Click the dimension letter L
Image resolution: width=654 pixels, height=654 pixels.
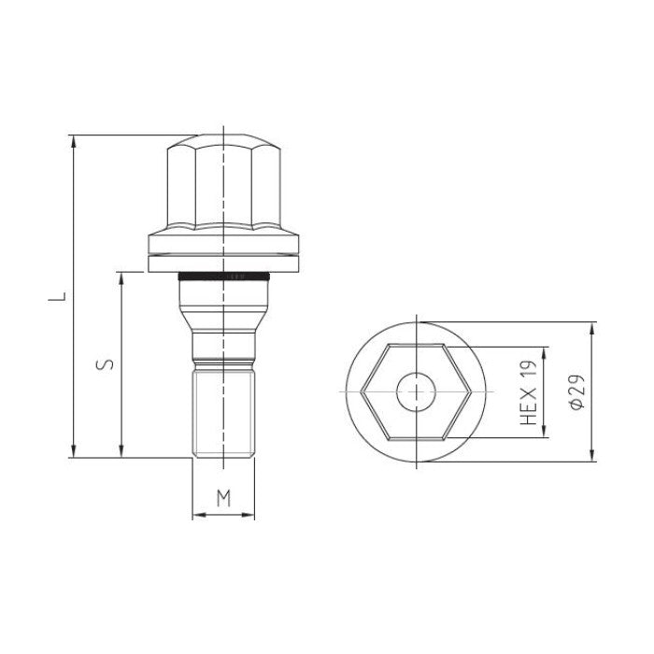58,297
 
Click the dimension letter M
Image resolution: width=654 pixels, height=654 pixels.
223,497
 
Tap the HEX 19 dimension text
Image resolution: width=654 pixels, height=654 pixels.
530,392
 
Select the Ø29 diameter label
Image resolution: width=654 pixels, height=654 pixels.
576,392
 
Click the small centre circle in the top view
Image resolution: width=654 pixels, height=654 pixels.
416,391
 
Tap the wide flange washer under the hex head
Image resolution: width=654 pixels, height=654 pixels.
223,251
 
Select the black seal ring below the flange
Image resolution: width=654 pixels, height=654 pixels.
223,277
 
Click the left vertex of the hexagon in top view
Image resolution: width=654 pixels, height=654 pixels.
363,391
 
